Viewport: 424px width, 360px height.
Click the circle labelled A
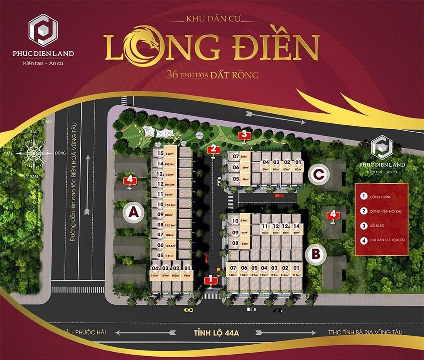133,212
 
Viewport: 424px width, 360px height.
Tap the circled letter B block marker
316,254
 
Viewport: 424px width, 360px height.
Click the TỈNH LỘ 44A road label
212,332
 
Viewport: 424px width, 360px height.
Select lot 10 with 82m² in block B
239,221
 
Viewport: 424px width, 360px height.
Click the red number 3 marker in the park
244,134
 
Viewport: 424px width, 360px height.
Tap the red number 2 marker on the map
213,150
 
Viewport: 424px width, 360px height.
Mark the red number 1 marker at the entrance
211,281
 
